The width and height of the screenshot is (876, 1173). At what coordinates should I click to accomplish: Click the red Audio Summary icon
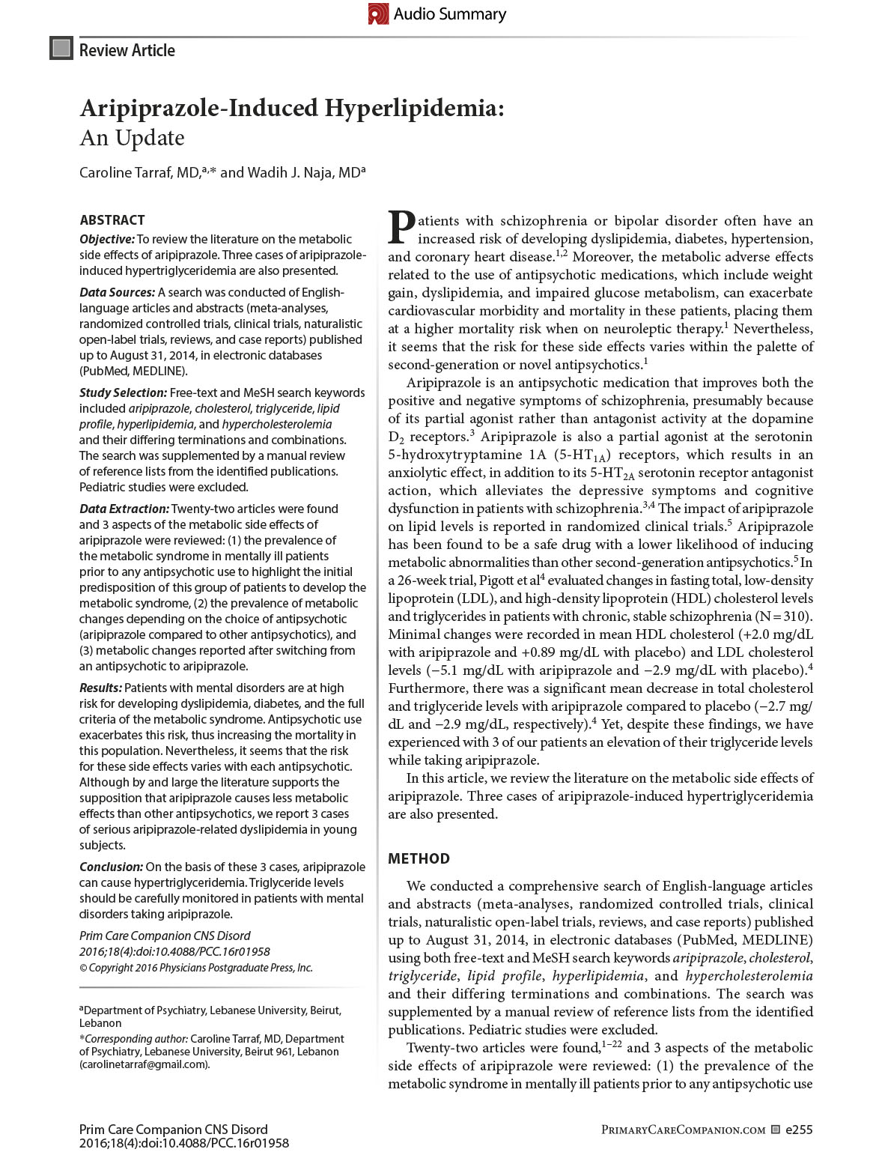(378, 13)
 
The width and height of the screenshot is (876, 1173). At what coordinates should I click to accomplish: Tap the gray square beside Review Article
(61, 49)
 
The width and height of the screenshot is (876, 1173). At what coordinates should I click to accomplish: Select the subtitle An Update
(132, 138)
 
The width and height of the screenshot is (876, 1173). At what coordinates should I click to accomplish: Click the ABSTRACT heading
(112, 220)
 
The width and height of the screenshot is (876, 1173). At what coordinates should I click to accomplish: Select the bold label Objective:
(107, 239)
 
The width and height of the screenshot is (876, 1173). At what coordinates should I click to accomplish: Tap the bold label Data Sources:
(117, 292)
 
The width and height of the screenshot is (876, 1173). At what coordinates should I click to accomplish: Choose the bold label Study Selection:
(123, 392)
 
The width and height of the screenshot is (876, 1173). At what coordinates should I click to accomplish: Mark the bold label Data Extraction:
(124, 509)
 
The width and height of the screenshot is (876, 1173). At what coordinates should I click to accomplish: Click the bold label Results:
(100, 688)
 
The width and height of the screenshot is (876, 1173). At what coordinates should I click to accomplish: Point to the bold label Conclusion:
(111, 867)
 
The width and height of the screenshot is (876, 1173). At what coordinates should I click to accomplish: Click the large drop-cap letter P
(401, 228)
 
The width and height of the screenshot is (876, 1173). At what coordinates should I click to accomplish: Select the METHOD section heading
(419, 859)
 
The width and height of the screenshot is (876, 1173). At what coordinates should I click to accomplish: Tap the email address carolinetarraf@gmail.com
(145, 1064)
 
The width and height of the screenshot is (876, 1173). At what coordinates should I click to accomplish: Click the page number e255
(798, 1130)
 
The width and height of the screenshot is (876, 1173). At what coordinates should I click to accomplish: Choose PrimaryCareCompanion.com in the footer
(683, 1130)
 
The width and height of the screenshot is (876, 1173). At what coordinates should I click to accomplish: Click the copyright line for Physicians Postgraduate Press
(196, 968)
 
